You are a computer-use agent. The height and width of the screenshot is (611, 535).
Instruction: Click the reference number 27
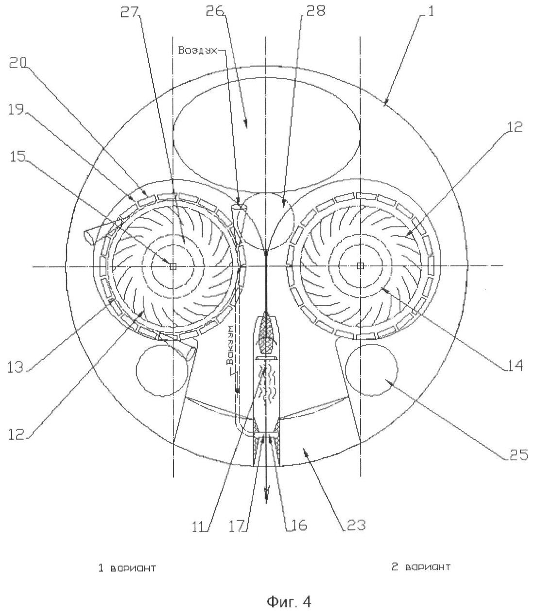coord(130,13)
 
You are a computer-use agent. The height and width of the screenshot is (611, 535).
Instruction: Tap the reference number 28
coord(315,12)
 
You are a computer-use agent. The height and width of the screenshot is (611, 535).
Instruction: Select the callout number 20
coord(18,63)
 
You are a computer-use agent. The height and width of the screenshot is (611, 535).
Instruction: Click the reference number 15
coord(18,156)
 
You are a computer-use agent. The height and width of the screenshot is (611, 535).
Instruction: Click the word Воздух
coord(198,51)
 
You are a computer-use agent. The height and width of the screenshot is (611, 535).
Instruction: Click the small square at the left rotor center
coord(173,266)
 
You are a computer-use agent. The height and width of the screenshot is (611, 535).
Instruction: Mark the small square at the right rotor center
coord(361,265)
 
